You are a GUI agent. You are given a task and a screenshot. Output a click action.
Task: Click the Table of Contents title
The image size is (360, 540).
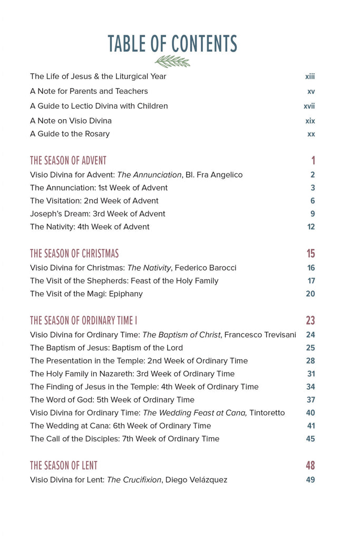coord(172,44)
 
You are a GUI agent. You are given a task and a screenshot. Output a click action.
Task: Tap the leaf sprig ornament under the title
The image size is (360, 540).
coord(172,61)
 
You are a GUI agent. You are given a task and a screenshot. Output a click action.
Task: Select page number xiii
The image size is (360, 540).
coord(310,76)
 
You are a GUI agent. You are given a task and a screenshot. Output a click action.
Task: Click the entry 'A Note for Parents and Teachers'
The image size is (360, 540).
coord(89,91)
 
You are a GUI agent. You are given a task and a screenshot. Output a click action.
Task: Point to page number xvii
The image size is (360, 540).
coord(309,106)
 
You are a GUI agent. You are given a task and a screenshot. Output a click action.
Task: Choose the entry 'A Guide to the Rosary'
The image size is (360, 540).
coord(70,133)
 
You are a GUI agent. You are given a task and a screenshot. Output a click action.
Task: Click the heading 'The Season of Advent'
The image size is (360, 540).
coord(68,160)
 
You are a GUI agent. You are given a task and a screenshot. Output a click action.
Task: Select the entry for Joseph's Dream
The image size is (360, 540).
coord(98,214)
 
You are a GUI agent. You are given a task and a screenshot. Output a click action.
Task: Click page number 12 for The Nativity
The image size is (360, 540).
coord(311,227)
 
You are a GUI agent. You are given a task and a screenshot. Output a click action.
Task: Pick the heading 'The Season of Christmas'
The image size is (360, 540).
coord(74,253)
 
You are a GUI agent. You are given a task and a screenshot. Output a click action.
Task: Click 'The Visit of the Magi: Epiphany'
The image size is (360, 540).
coord(86,294)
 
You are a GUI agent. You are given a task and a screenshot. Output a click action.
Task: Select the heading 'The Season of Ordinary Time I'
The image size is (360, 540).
coord(84,320)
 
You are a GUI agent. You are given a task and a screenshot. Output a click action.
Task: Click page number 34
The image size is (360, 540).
coord(310,387)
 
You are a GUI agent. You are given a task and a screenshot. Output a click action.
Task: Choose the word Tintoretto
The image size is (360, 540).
coord(267,412)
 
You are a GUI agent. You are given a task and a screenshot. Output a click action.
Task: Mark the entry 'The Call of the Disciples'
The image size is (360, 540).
coord(124,439)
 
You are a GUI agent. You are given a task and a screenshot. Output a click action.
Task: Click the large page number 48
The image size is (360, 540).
coord(310,465)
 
